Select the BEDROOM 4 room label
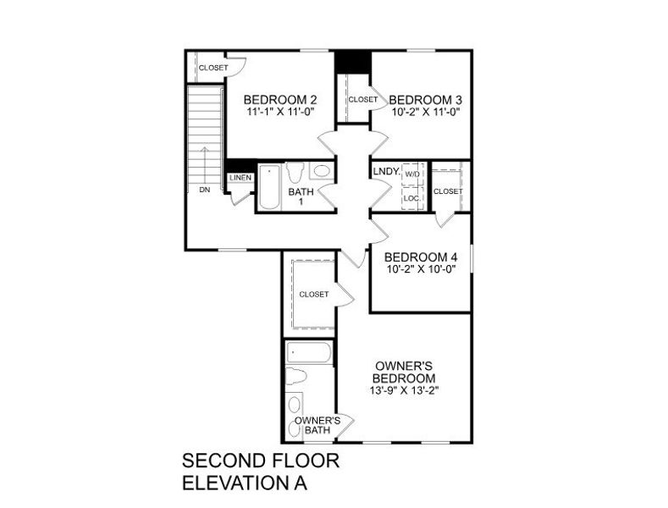421,257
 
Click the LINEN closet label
239,178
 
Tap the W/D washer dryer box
412,174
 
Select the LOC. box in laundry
411,198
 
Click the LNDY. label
386,171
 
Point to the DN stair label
205,190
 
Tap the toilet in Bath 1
295,173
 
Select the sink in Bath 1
322,171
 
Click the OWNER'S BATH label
317,425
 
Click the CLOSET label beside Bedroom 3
363,99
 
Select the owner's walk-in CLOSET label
313,294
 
